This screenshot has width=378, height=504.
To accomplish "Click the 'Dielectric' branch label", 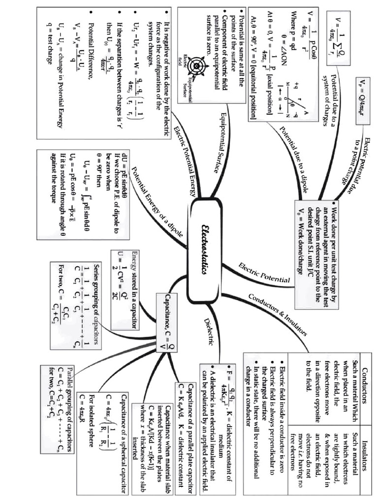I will [209, 331].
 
